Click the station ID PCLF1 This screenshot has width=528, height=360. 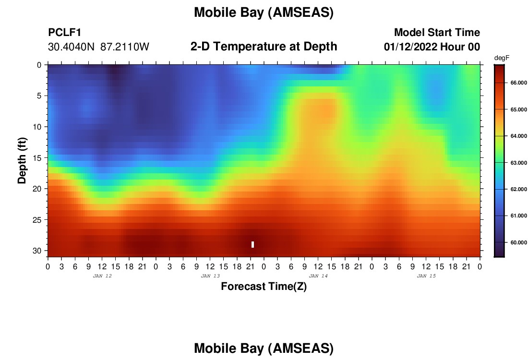(65, 32)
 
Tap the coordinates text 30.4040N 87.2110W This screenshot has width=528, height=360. (98, 47)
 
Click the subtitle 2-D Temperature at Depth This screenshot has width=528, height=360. (264, 47)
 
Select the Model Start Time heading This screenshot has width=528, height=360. (437, 32)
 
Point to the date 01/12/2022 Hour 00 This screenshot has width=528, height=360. (432, 47)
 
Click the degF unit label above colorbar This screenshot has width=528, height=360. (502, 58)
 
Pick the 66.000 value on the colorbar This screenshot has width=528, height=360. (518, 83)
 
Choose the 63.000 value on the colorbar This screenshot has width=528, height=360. (518, 163)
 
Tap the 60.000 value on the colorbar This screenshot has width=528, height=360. (518, 242)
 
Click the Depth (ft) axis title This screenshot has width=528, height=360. (22, 160)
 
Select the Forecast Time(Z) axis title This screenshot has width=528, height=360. (264, 287)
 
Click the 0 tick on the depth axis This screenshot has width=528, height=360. (39, 65)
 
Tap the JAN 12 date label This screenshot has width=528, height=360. (102, 276)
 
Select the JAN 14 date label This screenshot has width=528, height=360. (318, 276)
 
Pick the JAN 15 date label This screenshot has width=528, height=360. (426, 276)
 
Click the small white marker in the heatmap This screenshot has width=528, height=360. (252, 244)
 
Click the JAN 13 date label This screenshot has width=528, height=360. (210, 276)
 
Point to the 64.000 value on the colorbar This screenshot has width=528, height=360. (518, 136)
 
